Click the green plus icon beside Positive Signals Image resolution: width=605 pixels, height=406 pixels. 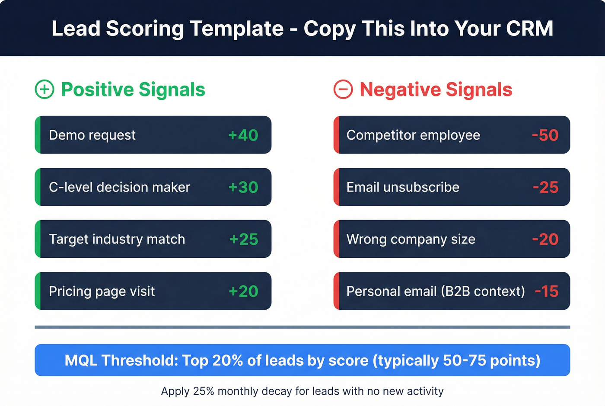pos(45,90)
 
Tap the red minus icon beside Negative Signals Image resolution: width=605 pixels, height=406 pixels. pos(343,90)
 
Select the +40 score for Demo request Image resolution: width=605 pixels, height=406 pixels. pos(243,135)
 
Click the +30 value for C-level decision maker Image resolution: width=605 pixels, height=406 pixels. pos(243,187)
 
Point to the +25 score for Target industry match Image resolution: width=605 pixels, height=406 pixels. pos(244,239)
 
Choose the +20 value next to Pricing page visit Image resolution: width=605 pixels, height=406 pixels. pos(243,291)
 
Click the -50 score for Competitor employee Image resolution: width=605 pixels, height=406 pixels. pos(545,135)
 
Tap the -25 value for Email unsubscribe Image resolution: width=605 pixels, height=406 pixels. pos(545,187)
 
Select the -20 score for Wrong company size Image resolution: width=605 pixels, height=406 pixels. pos(545,239)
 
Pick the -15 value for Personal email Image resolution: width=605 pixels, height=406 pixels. pos(546,291)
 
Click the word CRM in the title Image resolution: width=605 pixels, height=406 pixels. pos(529,29)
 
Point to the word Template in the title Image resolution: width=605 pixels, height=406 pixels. pos(236,29)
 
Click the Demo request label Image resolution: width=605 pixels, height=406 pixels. pos(92,135)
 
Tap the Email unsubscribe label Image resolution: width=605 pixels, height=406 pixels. pos(403,187)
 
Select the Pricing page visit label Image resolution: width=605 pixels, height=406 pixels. pos(102,291)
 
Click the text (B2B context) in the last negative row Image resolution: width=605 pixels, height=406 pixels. pos(483,291)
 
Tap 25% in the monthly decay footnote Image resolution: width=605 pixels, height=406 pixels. pos(204,391)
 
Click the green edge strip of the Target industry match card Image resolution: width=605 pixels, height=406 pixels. pos(38,239)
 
